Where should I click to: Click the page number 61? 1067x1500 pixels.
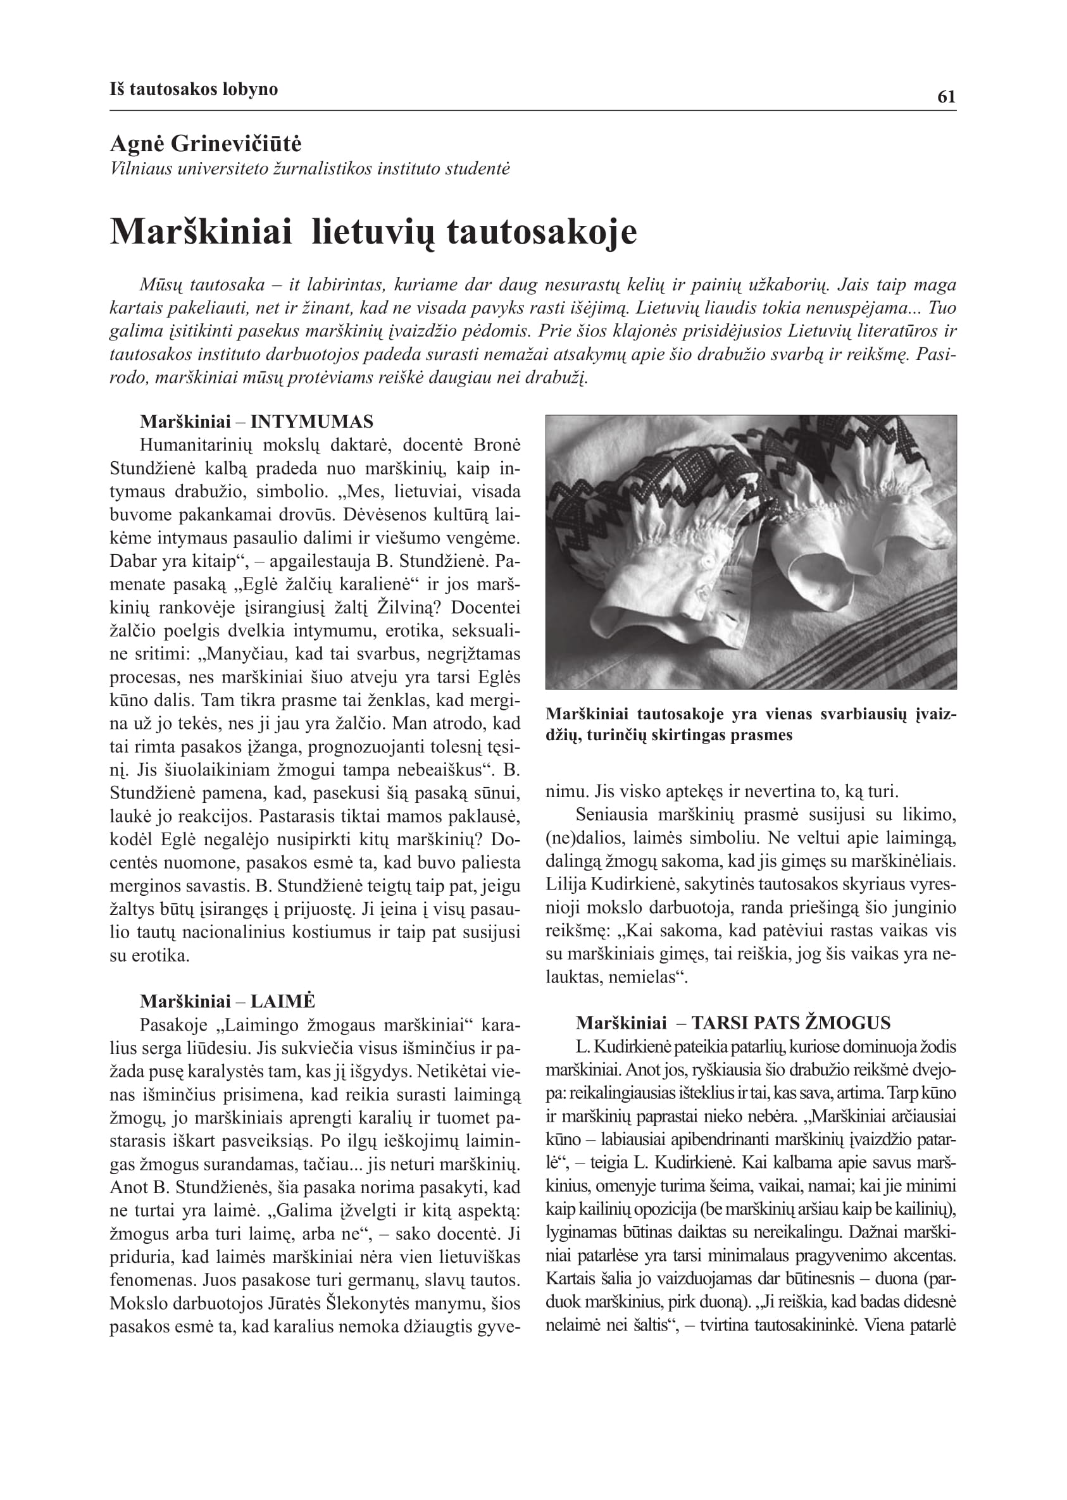click(x=946, y=97)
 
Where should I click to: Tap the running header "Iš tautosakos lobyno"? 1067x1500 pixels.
click(x=194, y=89)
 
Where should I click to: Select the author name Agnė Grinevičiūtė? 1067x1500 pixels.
click(x=206, y=144)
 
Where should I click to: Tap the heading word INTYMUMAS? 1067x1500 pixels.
click(x=312, y=421)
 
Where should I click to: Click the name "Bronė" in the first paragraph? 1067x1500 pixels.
click(x=497, y=445)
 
